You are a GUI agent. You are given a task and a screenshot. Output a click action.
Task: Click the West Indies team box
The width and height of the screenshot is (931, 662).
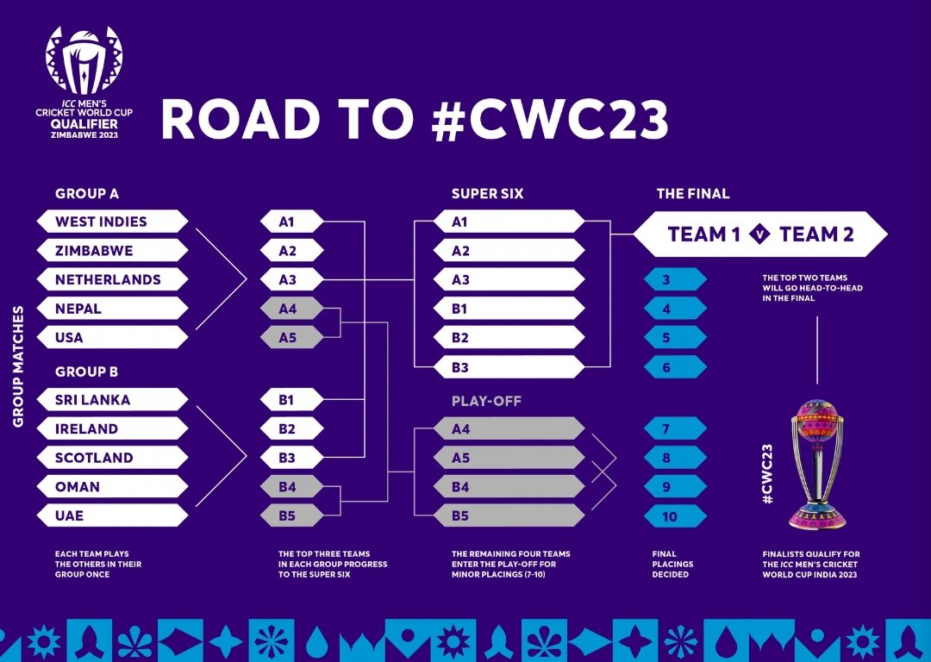(112, 222)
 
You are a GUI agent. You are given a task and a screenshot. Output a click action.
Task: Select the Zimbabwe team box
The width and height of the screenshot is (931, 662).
(112, 251)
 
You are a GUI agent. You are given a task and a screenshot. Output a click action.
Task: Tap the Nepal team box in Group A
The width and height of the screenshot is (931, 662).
(112, 309)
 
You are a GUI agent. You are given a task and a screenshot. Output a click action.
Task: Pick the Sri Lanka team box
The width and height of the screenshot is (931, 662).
(112, 400)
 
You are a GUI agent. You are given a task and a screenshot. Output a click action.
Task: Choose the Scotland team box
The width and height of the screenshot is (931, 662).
(112, 458)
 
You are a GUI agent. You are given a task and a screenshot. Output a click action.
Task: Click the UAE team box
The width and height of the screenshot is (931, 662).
(112, 515)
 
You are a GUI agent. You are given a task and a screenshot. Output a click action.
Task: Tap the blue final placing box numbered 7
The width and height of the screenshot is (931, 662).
(675, 429)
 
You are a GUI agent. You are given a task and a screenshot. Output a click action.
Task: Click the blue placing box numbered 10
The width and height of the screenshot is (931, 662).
(675, 516)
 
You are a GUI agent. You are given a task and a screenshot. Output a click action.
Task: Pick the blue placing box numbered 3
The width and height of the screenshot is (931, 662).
(675, 280)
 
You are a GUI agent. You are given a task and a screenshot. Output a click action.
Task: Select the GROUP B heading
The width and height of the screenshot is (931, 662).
(86, 372)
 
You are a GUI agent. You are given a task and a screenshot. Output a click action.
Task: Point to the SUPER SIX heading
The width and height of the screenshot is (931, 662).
(487, 194)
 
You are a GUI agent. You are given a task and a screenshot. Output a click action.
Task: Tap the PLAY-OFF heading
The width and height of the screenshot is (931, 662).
(486, 402)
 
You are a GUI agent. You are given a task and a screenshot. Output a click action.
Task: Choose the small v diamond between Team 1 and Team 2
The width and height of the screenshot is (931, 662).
(760, 234)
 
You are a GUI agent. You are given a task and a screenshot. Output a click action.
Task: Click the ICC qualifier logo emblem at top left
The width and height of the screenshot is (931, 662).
(84, 60)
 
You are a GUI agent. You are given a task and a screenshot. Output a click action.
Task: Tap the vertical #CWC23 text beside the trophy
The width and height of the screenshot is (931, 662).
(767, 474)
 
